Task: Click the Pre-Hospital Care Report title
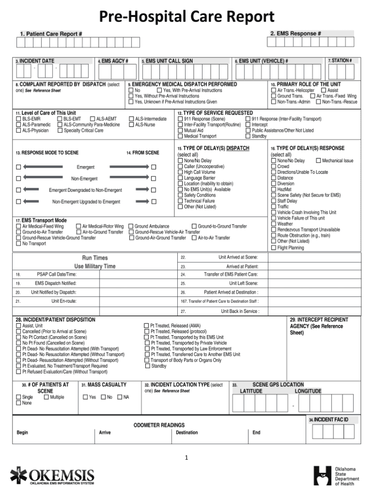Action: tap(186, 17)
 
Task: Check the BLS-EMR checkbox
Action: tap(18, 119)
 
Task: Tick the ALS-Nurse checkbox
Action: tap(131, 124)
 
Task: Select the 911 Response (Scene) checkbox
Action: tap(180, 119)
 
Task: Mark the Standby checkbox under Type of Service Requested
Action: tap(248, 137)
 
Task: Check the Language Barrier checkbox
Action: tap(180, 178)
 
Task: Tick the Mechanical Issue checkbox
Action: tap(319, 160)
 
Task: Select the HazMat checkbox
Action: tap(273, 189)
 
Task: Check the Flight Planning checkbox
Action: tap(273, 247)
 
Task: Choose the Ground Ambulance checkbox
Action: tap(131, 226)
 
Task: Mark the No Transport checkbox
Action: tap(18, 244)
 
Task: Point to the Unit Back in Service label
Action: tap(240, 311)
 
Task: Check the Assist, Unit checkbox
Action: tap(18, 325)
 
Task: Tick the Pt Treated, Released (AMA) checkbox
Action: tap(147, 325)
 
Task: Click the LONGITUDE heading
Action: tap(308, 391)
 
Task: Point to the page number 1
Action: tap(186, 457)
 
